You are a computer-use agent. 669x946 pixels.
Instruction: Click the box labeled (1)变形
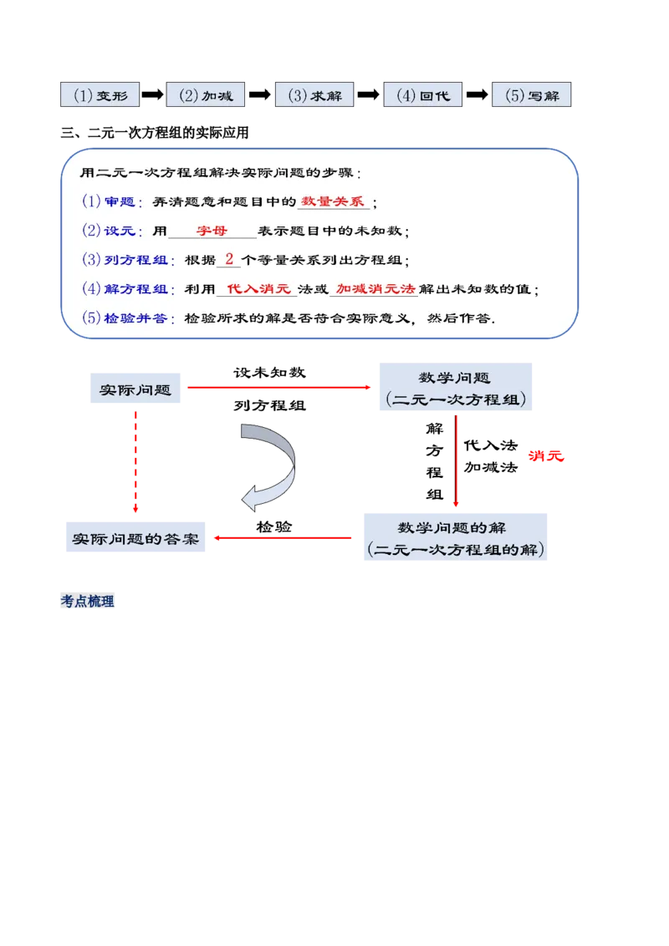pyautogui.click(x=100, y=95)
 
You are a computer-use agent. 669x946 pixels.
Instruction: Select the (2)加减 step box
pyautogui.click(x=206, y=95)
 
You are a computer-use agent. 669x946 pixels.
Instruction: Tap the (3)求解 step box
pyautogui.click(x=314, y=95)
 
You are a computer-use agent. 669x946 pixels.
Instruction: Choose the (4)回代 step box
pyautogui.click(x=422, y=95)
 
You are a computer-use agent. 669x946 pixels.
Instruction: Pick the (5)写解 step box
pyautogui.click(x=531, y=95)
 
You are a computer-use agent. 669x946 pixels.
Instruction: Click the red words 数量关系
pyautogui.click(x=334, y=201)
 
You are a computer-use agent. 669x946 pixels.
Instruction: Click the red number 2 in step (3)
pyautogui.click(x=229, y=259)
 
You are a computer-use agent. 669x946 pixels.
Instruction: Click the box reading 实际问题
pyautogui.click(x=136, y=389)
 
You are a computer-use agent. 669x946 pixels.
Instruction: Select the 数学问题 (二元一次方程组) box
pyautogui.click(x=455, y=389)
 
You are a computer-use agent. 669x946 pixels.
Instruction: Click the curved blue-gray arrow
pyautogui.click(x=273, y=465)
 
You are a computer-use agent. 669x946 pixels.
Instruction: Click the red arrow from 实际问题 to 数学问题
pyautogui.click(x=279, y=388)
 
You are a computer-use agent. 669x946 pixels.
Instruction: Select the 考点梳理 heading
pyautogui.click(x=89, y=602)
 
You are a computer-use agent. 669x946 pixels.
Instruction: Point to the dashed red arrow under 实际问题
pyautogui.click(x=136, y=460)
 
